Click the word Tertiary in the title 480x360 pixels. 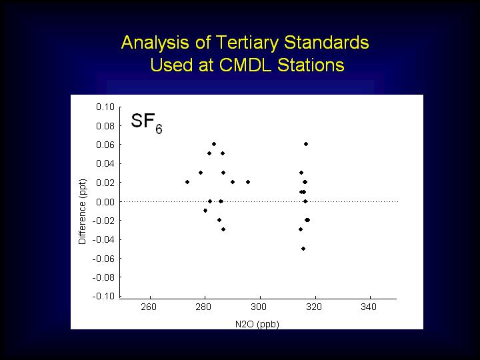pos(249,43)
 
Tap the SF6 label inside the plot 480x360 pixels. pos(146,123)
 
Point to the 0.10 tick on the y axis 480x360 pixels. pos(105,107)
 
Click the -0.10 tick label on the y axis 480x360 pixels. pos(103,296)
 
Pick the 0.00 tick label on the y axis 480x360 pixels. pos(105,202)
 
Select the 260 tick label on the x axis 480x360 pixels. pos(149,307)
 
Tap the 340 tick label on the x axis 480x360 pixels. pos(369,307)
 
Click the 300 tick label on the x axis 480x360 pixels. pos(259,307)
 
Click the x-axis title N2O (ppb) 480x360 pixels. pos(257,324)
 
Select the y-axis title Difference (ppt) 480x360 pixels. pos(83,211)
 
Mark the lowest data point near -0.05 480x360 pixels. pos(303,249)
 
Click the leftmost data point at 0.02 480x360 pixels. pos(187,182)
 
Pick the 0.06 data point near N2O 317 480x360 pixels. pos(306,144)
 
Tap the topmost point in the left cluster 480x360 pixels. pos(214,144)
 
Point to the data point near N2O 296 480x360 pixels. pos(248,182)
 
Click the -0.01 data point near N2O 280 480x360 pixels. pos(205,211)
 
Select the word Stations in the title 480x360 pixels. pos(311,65)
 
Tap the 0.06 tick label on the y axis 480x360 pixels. pos(105,145)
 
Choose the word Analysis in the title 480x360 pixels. pos(155,43)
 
